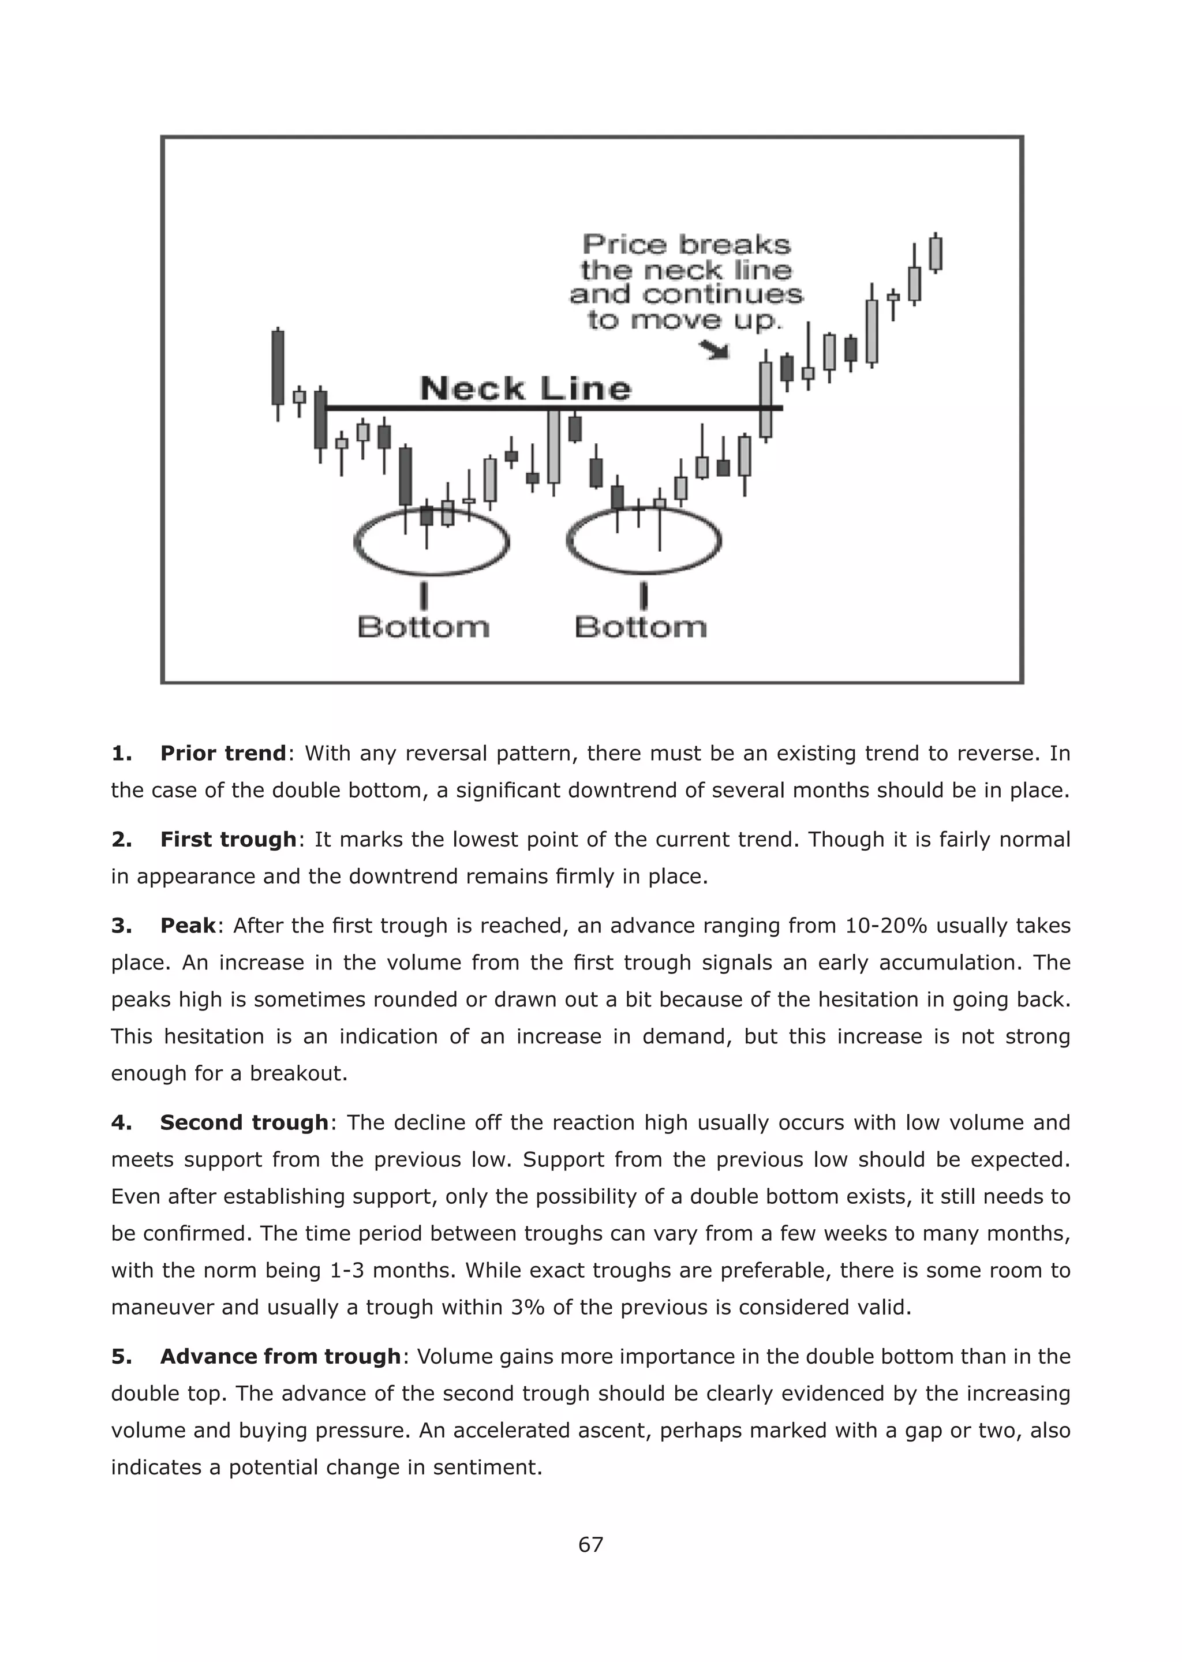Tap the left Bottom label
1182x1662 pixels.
(424, 627)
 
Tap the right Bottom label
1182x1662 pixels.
(641, 627)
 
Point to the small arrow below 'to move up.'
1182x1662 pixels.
(715, 351)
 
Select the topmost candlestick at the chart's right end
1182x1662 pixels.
(936, 253)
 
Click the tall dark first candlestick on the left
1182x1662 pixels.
(278, 368)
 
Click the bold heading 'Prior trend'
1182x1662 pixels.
(223, 753)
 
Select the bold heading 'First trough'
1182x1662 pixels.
(228, 839)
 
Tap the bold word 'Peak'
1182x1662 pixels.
(188, 926)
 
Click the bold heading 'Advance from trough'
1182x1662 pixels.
(280, 1356)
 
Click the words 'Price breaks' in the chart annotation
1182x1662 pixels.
(686, 245)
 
